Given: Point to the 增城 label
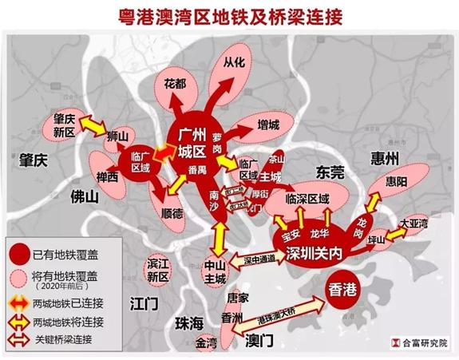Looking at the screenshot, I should tap(268, 125).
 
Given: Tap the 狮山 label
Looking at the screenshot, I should tap(118, 137).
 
